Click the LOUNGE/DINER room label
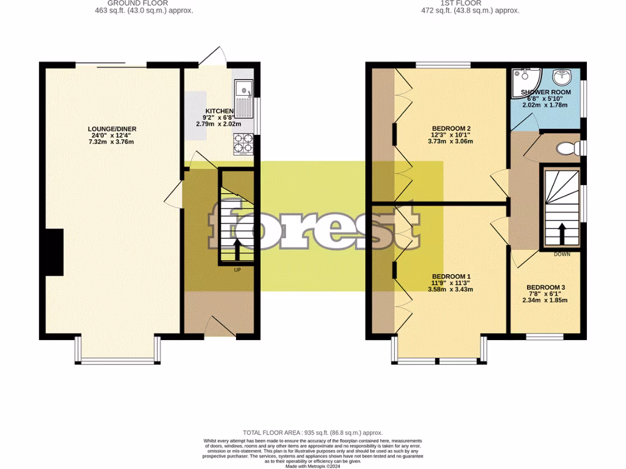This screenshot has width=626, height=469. tap(112, 129)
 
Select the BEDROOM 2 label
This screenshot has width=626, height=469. tap(451, 128)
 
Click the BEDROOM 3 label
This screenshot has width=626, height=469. tap(546, 287)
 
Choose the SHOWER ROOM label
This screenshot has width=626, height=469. tap(545, 92)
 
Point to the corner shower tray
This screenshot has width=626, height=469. tap(523, 77)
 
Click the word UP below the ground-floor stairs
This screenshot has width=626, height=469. tap(237, 269)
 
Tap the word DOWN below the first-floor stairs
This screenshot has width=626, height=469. tap(562, 254)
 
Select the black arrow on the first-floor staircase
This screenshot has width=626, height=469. tap(560, 234)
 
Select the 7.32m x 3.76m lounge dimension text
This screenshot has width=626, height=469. tap(112, 142)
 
